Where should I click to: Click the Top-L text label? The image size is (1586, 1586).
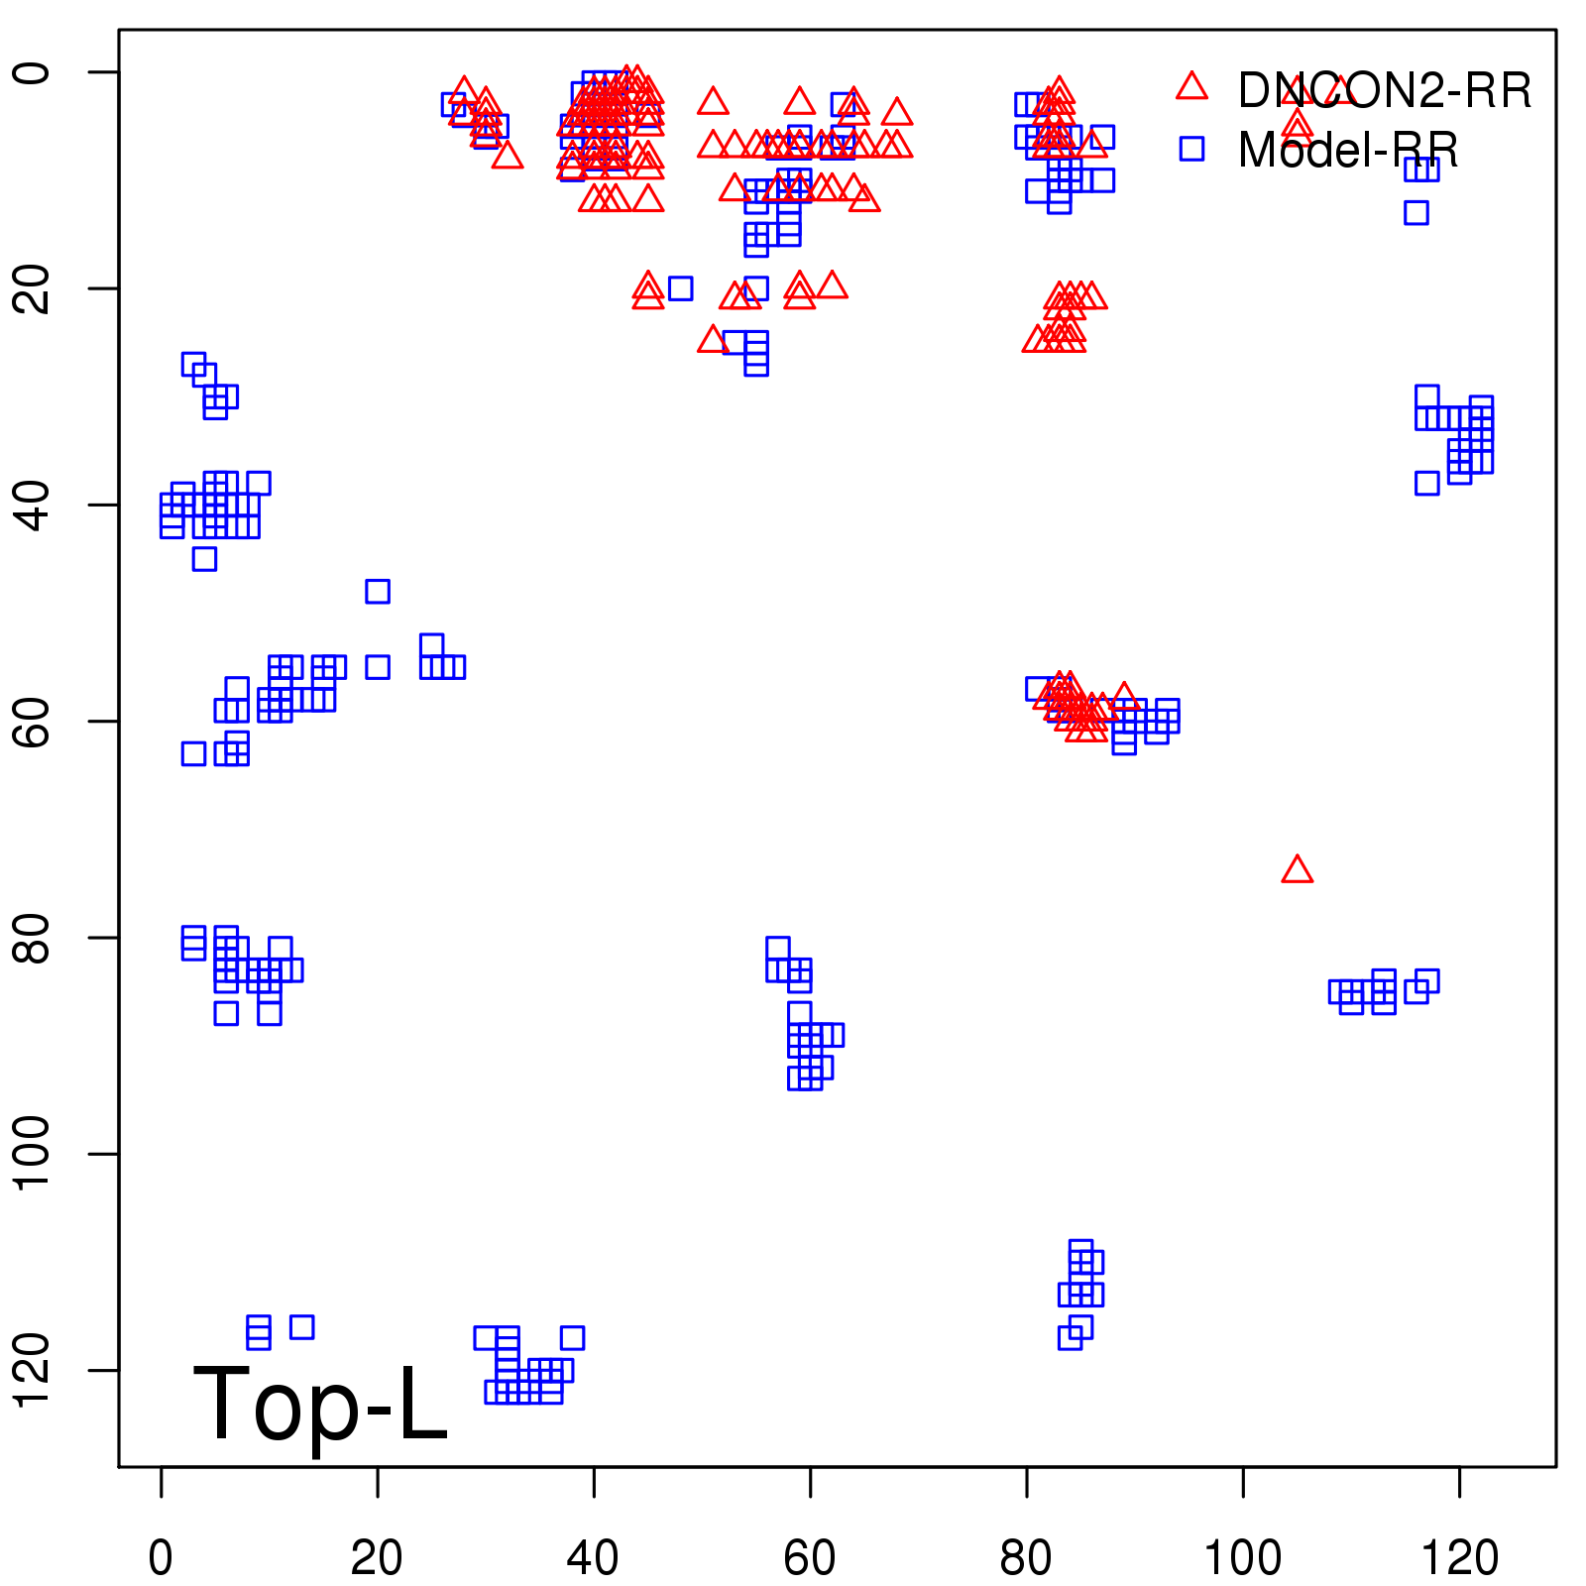(x=320, y=1403)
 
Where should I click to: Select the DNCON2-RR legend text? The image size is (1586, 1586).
(x=1385, y=91)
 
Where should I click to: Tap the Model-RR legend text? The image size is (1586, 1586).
(x=1348, y=151)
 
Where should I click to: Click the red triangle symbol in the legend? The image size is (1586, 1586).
(x=1191, y=87)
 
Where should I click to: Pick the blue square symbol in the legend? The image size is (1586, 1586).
(x=1191, y=149)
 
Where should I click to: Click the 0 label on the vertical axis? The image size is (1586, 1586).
(x=32, y=72)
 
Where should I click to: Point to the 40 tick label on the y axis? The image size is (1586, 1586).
(x=32, y=505)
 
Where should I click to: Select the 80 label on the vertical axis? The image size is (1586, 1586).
(x=32, y=938)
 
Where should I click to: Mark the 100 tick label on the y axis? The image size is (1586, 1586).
(x=32, y=1154)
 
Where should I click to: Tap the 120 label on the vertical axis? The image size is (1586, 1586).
(x=32, y=1370)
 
